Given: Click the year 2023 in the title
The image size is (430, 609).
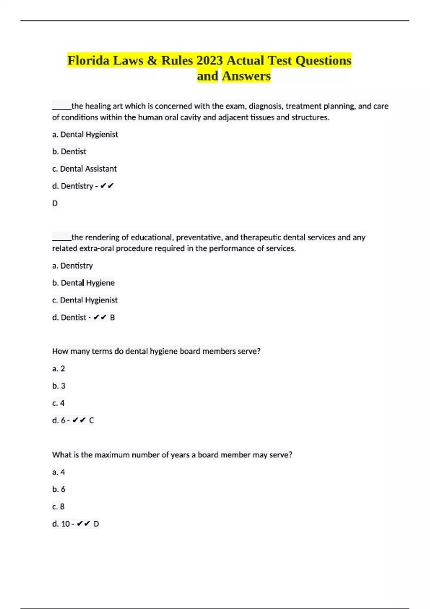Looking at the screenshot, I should pyautogui.click(x=209, y=61).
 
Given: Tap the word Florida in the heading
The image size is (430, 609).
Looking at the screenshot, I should pyautogui.click(x=88, y=61).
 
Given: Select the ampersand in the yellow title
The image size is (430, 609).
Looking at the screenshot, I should pyautogui.click(x=152, y=61).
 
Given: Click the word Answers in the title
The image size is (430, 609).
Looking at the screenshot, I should pyautogui.click(x=246, y=76).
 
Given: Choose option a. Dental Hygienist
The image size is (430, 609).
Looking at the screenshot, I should pyautogui.click(x=85, y=134).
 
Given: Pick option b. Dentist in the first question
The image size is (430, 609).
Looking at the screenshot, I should pyautogui.click(x=69, y=152).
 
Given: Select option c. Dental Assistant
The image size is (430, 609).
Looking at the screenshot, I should pyautogui.click(x=85, y=169).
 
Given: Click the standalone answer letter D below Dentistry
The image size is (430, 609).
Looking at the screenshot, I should pyautogui.click(x=55, y=203).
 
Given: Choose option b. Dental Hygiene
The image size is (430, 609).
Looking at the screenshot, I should pyautogui.click(x=83, y=283).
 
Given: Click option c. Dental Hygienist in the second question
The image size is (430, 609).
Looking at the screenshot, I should pyautogui.click(x=85, y=300).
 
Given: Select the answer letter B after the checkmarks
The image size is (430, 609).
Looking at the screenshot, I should pyautogui.click(x=113, y=317).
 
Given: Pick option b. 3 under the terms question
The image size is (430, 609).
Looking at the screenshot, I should pyautogui.click(x=59, y=386).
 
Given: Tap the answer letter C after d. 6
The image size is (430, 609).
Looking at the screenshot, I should pyautogui.click(x=91, y=420).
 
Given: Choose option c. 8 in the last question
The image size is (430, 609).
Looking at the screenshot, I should pyautogui.click(x=58, y=507).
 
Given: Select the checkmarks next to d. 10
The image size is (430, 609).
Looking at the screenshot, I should pyautogui.click(x=83, y=524).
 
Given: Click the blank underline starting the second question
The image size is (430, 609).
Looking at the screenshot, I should pyautogui.click(x=62, y=239).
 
